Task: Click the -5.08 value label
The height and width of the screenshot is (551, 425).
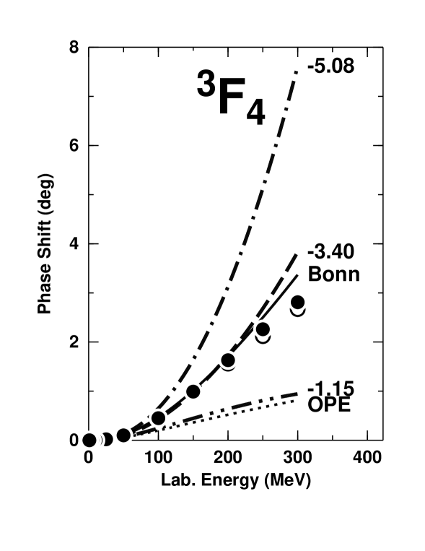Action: pos(330,66)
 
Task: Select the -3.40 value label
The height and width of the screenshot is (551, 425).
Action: pos(330,251)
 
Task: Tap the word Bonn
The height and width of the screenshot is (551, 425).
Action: pos(333,274)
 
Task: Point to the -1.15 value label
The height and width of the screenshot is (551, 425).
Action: pos(330,389)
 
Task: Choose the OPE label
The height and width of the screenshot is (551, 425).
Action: pos(329,404)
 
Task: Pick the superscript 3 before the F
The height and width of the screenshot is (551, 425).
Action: pos(206,84)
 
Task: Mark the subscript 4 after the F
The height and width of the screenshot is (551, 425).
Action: pos(255,113)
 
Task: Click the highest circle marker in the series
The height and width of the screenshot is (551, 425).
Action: pos(297,302)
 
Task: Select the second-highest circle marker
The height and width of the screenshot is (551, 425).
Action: pos(263,329)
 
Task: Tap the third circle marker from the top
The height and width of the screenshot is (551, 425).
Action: pos(228,360)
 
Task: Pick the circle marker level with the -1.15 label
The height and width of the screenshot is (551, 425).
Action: pos(193,391)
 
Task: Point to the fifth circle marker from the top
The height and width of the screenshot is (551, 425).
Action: pos(158,418)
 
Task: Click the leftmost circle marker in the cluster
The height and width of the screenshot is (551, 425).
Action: pos(89,440)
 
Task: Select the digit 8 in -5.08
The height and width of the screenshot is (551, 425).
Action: pos(348,66)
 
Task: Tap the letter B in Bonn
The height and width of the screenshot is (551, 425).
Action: pos(315,274)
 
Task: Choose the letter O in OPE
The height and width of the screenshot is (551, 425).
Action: pos(316,404)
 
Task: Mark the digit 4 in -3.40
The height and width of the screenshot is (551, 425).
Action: pos(335,251)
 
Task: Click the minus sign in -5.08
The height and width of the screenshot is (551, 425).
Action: pos(310,66)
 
